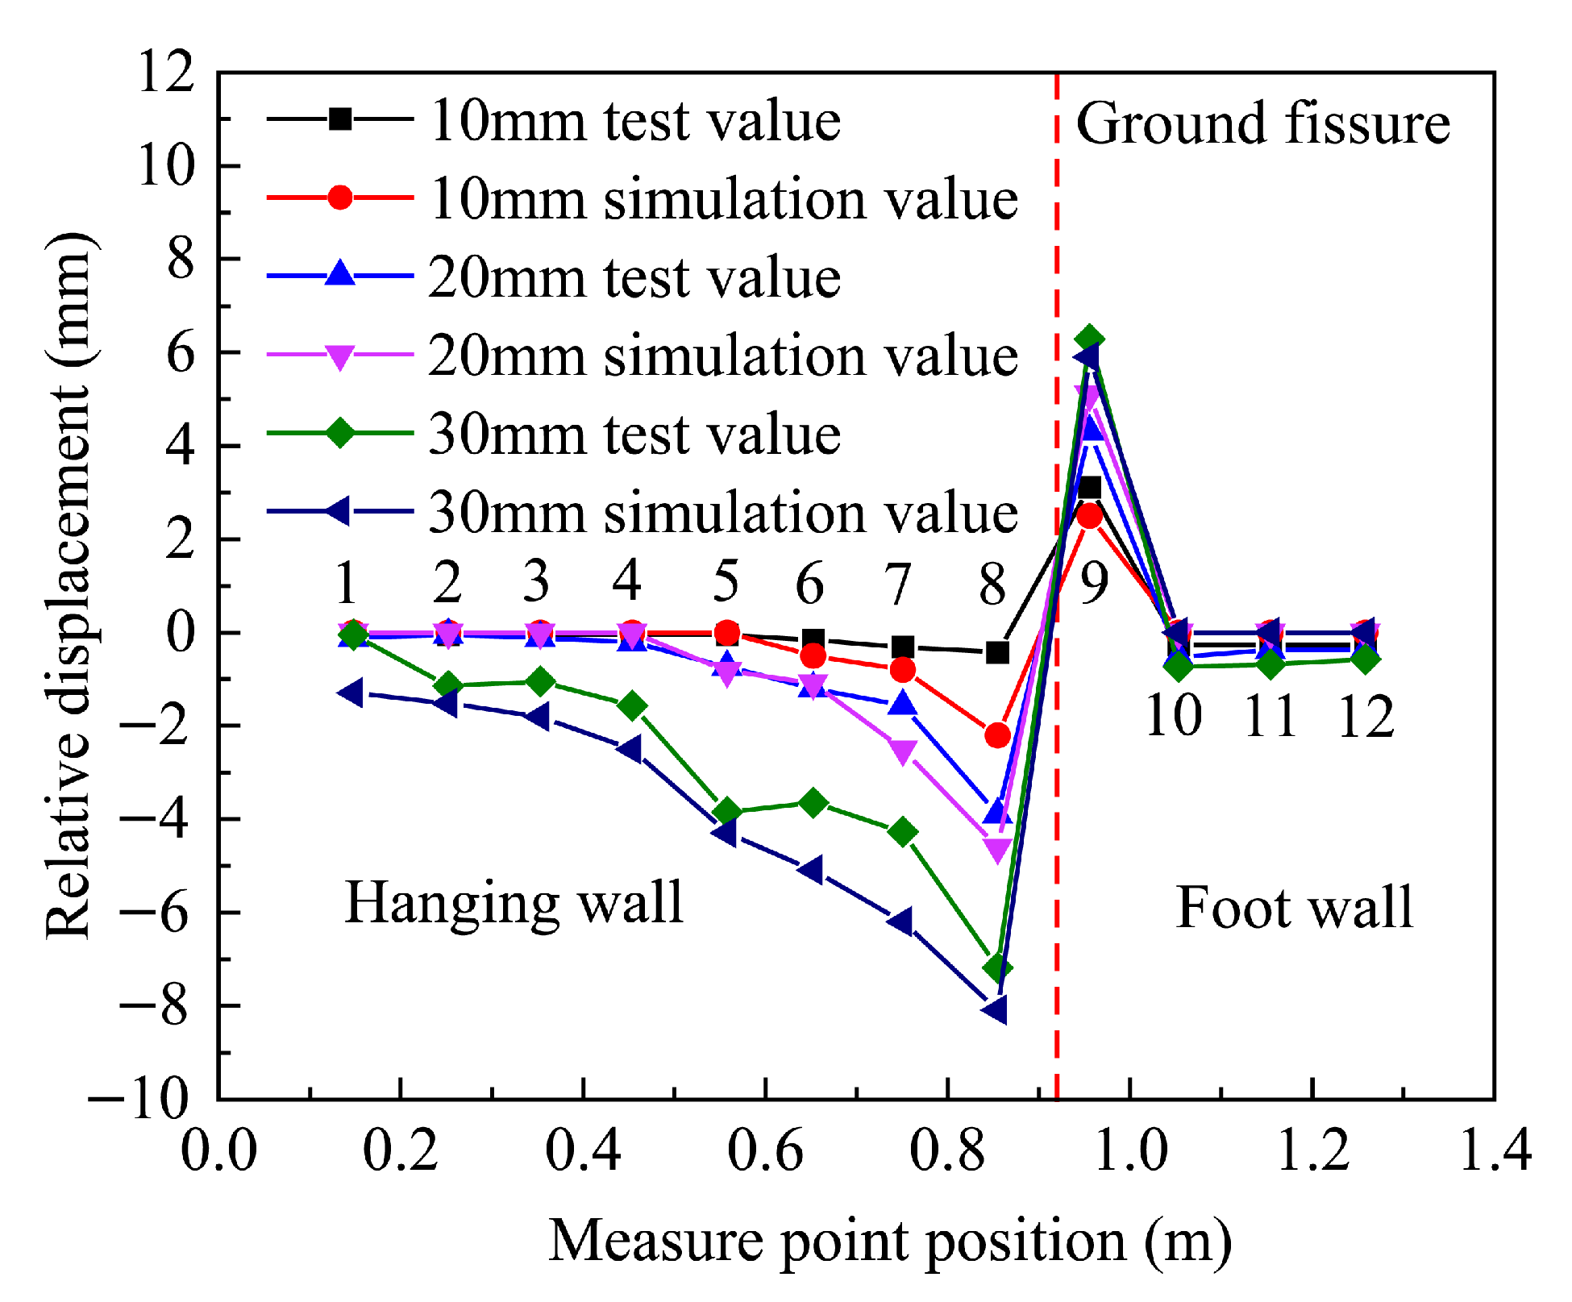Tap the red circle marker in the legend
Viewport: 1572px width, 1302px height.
[340, 198]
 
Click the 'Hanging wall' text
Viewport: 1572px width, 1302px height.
[514, 903]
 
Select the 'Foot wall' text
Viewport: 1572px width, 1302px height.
[1294, 908]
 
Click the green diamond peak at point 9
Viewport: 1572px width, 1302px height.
[1090, 339]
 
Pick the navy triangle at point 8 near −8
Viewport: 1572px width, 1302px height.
[996, 1009]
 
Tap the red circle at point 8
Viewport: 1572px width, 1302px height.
[997, 734]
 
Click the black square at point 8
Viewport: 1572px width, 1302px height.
[997, 652]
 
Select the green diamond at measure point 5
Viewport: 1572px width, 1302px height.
[727, 811]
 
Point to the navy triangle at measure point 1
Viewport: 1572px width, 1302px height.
[351, 693]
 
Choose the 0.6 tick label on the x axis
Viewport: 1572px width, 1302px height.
[765, 1150]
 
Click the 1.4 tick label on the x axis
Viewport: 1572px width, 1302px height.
[1494, 1150]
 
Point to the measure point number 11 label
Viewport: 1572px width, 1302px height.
[1270, 716]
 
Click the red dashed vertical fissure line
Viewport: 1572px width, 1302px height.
[1056, 726]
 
